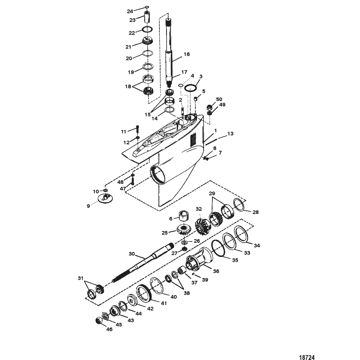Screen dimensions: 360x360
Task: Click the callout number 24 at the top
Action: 130,11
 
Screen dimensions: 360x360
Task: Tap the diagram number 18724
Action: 307,357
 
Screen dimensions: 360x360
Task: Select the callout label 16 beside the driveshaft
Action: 187,54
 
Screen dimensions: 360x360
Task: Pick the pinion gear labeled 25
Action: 184,230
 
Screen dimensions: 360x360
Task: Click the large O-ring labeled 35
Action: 220,249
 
